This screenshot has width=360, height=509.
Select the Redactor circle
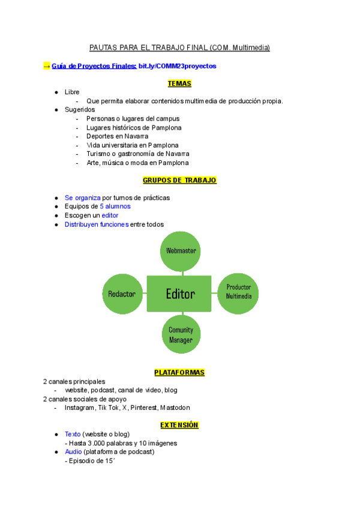(x=122, y=294)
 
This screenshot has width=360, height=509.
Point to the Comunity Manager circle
(x=181, y=335)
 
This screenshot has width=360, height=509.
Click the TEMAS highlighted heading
(x=179, y=83)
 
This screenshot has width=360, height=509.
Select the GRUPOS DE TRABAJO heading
(x=179, y=180)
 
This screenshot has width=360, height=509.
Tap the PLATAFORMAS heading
(x=179, y=372)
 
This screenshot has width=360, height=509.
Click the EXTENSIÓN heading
(x=179, y=425)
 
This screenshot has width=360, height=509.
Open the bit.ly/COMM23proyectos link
(x=177, y=65)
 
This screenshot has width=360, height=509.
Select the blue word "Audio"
(x=73, y=451)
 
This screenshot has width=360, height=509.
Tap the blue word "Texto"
(x=73, y=434)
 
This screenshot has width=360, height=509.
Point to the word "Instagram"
(x=79, y=408)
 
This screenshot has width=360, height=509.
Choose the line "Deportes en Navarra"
(x=117, y=136)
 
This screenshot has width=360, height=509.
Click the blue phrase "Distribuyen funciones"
(x=97, y=224)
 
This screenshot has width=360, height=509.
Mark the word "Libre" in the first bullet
(x=72, y=92)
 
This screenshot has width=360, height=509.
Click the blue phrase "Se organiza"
(x=83, y=197)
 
